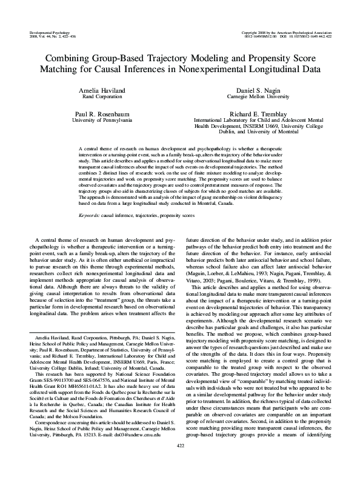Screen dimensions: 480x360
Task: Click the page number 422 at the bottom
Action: (x=180, y=463)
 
